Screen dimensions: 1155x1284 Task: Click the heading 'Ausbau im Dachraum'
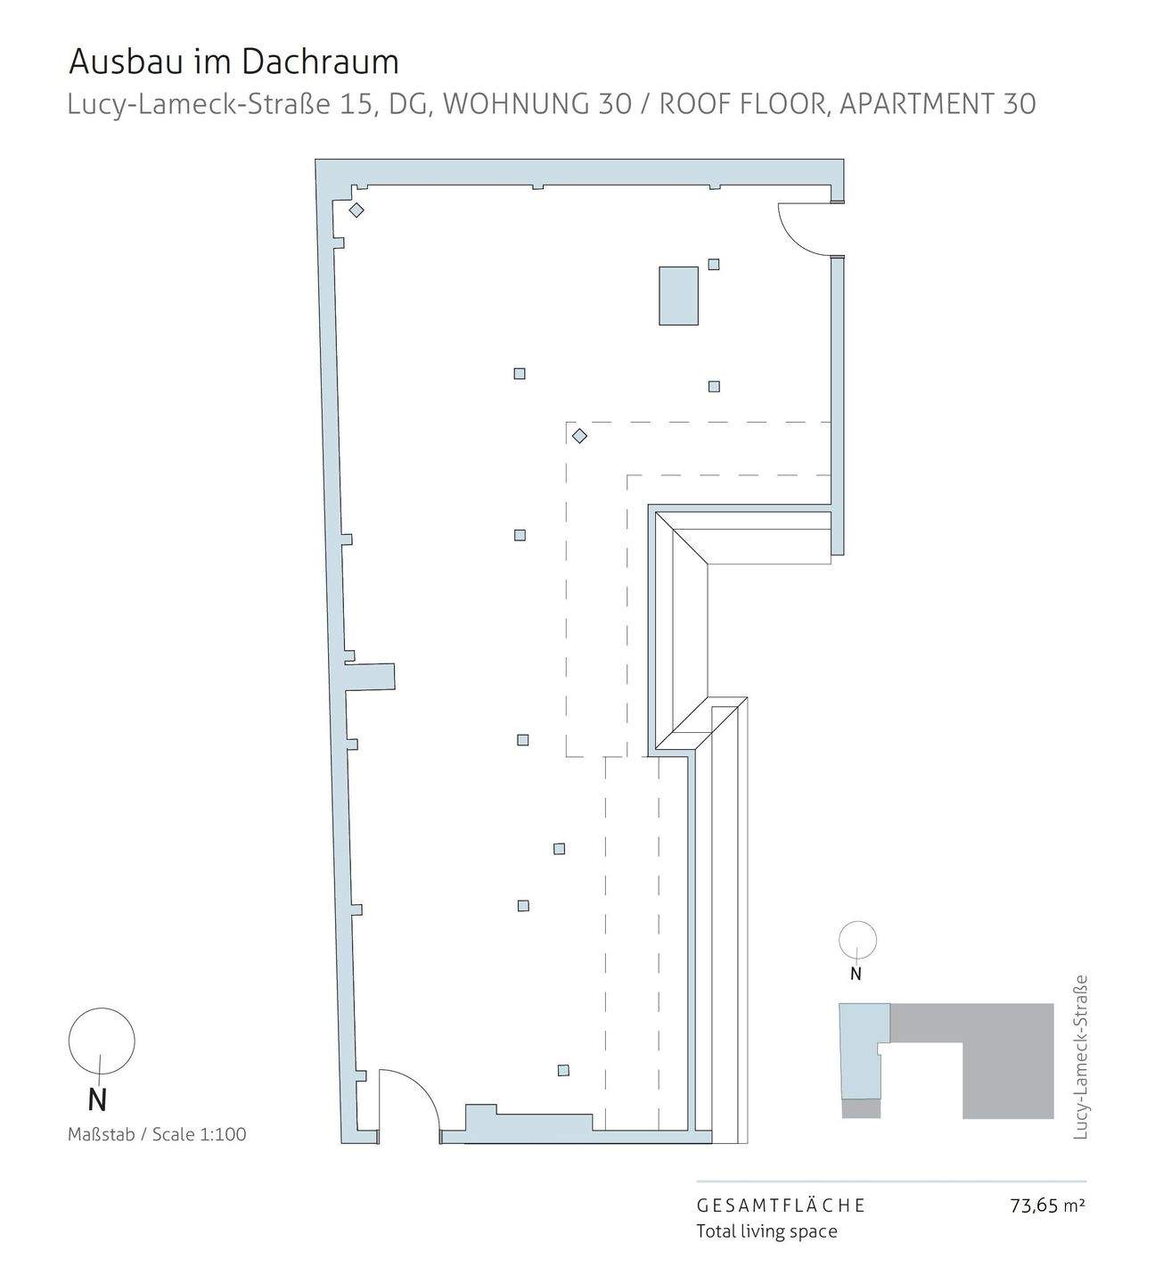point(233,62)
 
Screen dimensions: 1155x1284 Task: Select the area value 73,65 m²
point(1047,1206)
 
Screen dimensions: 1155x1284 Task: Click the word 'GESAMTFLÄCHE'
point(781,1206)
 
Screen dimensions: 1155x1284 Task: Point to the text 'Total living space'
point(766,1231)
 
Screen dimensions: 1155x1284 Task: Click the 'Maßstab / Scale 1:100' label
point(157,1134)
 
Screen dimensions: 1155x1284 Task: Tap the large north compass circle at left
point(102,1041)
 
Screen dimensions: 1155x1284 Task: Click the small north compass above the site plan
point(858,940)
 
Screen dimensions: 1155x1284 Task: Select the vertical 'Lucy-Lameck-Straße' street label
point(1081,1057)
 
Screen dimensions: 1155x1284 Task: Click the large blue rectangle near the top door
point(678,295)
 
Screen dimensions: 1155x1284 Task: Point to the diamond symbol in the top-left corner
point(356,210)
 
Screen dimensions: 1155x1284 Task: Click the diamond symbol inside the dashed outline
point(579,436)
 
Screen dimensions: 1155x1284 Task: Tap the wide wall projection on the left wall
point(371,676)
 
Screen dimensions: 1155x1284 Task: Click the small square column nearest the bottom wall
point(563,1070)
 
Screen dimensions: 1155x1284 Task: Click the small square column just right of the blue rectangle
point(714,264)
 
